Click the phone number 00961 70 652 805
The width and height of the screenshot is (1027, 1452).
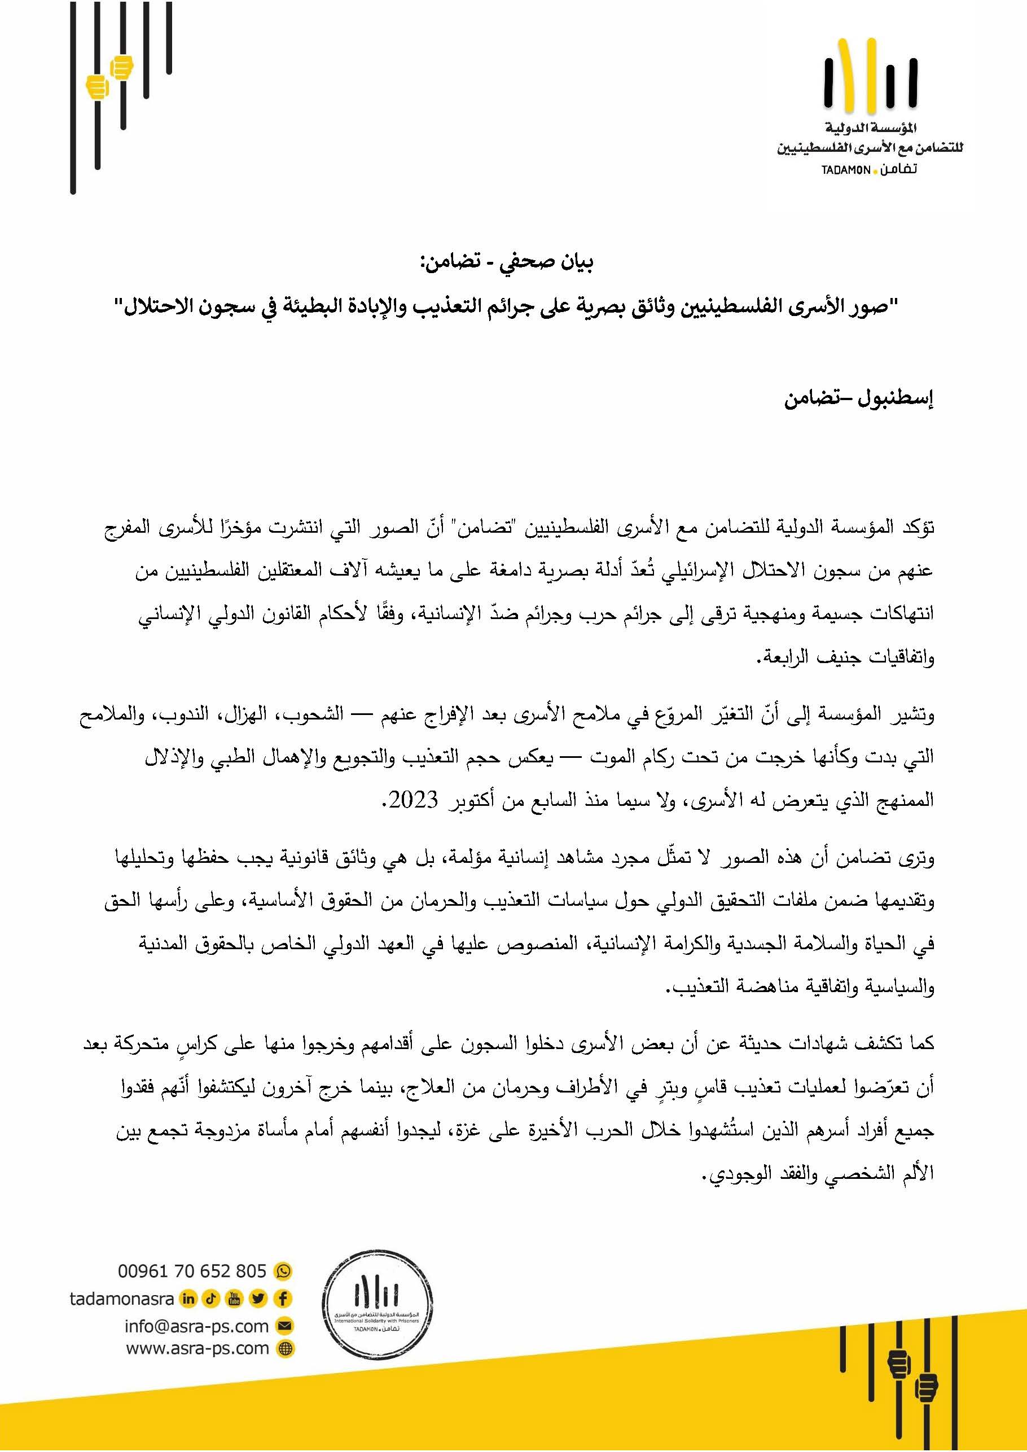click(192, 1270)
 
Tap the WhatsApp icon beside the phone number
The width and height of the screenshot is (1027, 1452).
click(284, 1270)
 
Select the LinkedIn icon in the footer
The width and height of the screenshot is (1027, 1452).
click(188, 1299)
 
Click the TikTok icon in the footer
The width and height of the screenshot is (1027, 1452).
click(211, 1299)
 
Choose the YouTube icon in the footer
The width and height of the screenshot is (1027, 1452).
click(235, 1299)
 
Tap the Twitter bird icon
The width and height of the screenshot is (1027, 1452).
click(258, 1299)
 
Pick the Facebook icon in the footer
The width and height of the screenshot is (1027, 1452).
click(283, 1299)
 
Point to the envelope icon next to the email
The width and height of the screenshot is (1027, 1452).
click(285, 1326)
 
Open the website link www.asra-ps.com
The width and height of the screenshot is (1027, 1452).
click(198, 1348)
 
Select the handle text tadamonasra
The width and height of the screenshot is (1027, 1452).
click(121, 1299)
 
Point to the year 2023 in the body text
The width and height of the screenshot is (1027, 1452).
click(414, 800)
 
